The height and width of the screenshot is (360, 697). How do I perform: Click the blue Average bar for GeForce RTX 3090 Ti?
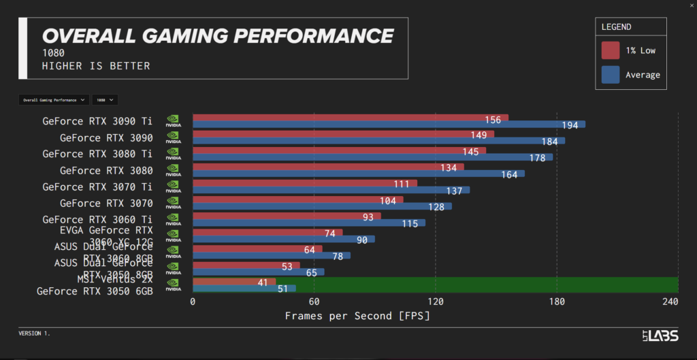click(388, 125)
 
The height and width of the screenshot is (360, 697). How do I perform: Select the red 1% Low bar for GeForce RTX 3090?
click(343, 134)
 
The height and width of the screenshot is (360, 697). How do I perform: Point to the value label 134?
click(448, 167)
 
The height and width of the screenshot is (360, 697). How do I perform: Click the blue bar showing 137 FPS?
click(331, 190)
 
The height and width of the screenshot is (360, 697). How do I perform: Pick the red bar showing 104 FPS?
click(297, 200)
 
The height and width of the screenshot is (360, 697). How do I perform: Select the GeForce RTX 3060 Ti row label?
click(97, 219)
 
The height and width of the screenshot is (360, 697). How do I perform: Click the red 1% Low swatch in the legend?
click(611, 50)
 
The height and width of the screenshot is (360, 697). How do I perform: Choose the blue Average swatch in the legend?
click(611, 74)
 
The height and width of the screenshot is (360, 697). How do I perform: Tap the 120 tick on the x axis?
click(436, 302)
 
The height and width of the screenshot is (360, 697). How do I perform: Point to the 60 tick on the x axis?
click(314, 302)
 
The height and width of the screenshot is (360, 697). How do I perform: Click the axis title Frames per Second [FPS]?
click(357, 316)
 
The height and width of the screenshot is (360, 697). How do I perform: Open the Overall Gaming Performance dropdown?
click(54, 100)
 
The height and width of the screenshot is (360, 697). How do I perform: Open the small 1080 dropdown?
click(105, 100)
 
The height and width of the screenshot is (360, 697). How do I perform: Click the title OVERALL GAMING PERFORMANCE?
click(218, 35)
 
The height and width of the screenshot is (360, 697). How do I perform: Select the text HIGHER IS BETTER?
click(96, 66)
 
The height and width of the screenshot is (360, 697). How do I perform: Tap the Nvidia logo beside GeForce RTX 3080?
click(173, 170)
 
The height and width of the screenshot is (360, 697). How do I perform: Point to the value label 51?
click(281, 289)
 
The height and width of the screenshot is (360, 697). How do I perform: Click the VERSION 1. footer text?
click(34, 333)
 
